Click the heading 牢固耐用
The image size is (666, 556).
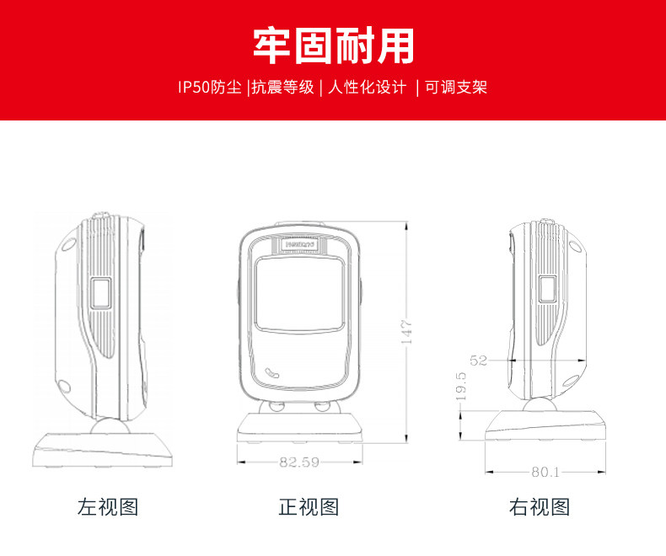pos(333,45)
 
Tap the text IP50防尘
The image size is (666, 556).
pos(210,87)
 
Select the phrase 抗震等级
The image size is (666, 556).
pos(282,87)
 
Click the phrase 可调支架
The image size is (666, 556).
pos(455,87)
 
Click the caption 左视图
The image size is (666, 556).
pos(108,507)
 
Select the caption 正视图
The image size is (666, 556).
pos(309,507)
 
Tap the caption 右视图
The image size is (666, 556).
pos(540,507)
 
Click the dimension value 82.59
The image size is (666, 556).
pos(298,461)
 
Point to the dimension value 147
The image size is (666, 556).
pos(406,331)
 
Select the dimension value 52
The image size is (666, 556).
pos(479,361)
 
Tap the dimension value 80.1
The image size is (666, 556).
pos(545,472)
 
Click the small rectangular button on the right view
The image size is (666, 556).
pos(548,291)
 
